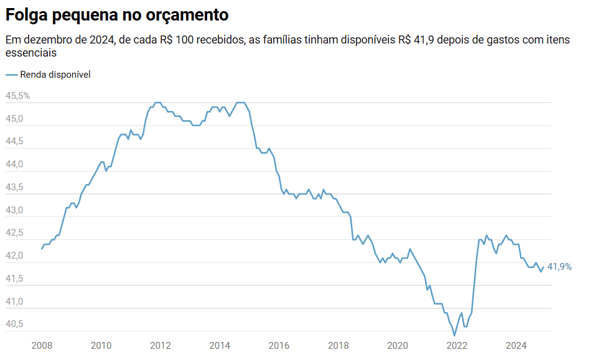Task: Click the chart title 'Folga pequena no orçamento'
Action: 117,14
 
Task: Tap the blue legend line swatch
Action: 12,75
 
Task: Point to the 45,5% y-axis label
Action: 17,96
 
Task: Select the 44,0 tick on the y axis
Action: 14,165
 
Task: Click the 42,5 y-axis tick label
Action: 14,233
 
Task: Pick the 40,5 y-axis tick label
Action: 14,325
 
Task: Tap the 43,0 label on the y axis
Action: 14,211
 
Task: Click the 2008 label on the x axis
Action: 42,346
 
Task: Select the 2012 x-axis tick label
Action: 161,346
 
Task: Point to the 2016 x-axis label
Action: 279,346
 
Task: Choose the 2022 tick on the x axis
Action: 457,346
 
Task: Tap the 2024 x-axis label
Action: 516,346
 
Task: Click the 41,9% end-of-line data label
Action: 559,267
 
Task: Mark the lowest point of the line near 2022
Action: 454,335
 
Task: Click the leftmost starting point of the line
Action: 42,249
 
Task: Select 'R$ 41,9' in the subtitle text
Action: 417,40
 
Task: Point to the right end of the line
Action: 543,267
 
